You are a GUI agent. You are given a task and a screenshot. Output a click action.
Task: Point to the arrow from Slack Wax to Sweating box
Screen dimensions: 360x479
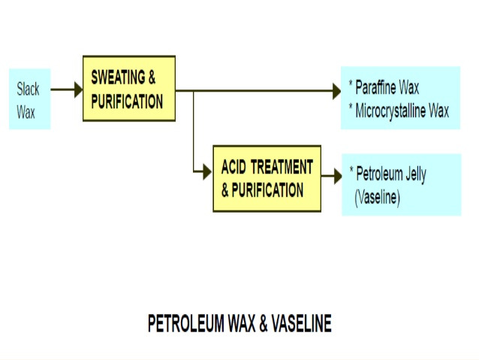(x=67, y=89)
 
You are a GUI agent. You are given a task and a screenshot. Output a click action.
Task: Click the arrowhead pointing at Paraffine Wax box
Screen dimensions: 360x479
(x=336, y=92)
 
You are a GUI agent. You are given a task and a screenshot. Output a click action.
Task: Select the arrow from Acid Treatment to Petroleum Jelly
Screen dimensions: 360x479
(x=331, y=178)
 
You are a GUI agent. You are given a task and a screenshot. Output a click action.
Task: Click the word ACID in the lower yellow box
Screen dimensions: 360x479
(x=236, y=167)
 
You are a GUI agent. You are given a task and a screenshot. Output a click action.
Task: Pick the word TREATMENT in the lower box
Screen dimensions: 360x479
(x=283, y=167)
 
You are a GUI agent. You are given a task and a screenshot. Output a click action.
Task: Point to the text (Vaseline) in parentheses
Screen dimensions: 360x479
(x=378, y=198)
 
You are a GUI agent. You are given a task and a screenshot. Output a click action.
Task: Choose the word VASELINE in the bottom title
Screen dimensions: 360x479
(x=298, y=324)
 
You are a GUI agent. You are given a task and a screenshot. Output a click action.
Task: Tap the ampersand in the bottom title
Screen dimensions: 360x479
(x=255, y=324)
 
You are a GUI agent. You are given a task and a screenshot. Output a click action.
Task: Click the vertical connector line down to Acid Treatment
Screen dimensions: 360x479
(x=194, y=132)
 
